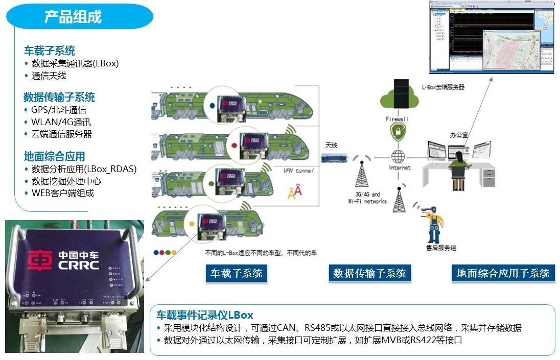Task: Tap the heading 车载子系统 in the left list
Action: [50, 51]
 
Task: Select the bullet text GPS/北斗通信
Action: [58, 110]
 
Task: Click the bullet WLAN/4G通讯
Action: [61, 122]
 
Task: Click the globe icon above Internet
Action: [398, 156]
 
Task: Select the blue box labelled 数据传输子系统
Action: [369, 273]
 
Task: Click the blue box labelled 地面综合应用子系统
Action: [503, 273]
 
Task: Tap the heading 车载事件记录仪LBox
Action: [204, 315]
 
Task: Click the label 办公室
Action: [458, 135]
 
